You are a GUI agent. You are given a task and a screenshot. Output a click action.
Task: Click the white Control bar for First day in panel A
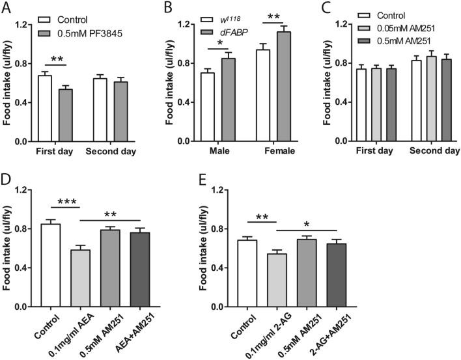point(45,108)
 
